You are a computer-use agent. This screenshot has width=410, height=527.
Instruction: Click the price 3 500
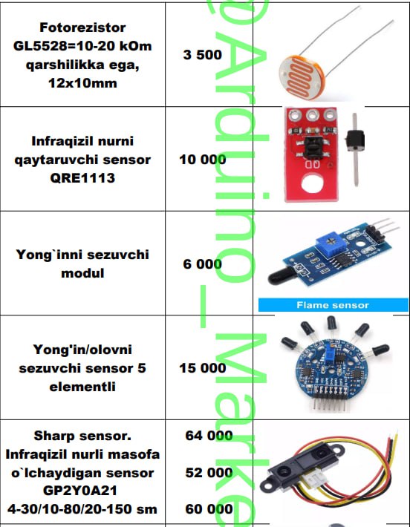(203, 55)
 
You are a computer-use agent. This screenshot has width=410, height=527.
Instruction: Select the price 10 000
(203, 160)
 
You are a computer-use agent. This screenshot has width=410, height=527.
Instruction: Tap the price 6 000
(203, 263)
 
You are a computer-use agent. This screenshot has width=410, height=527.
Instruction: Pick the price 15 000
(203, 368)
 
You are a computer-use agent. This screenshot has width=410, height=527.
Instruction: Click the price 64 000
(209, 436)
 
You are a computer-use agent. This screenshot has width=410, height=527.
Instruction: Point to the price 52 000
(209, 473)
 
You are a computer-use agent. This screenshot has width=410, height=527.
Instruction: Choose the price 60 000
(209, 509)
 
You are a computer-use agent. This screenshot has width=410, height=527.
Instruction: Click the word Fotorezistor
(82, 27)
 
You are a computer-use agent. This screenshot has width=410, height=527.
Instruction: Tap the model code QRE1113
(82, 178)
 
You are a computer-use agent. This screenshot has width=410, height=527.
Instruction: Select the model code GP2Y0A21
(80, 491)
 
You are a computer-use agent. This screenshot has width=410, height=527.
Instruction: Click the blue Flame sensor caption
(333, 305)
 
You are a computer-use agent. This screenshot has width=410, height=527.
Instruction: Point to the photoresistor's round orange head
(302, 78)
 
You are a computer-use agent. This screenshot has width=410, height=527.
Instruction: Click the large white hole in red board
(313, 185)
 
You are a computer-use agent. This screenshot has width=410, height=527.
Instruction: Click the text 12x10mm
(82, 83)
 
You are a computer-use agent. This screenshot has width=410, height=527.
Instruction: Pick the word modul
(82, 273)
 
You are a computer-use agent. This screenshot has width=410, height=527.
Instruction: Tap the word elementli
(82, 387)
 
